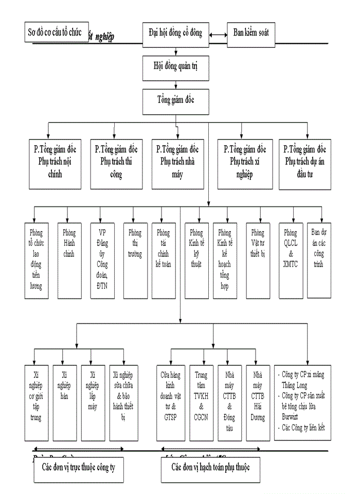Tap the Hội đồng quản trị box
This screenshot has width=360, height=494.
[175, 66]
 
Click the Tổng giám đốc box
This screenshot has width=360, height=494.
[175, 98]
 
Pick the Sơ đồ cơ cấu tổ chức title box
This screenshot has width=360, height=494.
[56, 32]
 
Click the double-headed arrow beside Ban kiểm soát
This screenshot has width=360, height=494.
[218, 35]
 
